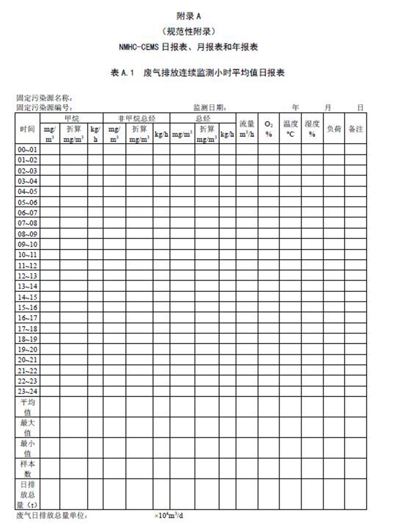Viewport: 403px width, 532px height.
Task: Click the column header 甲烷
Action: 71,118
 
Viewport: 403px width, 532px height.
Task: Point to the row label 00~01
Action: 28,150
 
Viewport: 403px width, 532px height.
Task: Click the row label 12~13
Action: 28,276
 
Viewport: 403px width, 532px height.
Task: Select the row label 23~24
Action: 28,391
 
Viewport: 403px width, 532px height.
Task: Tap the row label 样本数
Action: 28,468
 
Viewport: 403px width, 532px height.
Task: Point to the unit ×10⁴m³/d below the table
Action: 169,516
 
